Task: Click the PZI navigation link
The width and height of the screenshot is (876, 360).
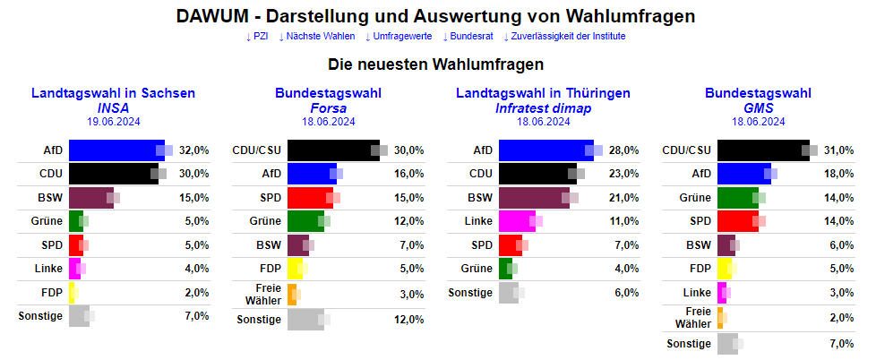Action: click(x=257, y=37)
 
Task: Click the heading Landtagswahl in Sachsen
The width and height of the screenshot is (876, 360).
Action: click(x=113, y=93)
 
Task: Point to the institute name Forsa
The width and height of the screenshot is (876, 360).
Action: click(x=328, y=107)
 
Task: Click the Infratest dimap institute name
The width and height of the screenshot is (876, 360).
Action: click(x=543, y=107)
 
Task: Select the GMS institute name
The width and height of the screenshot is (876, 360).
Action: click(x=758, y=107)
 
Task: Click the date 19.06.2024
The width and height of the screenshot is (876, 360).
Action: click(x=113, y=122)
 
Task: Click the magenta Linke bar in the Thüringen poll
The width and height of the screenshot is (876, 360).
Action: click(x=517, y=220)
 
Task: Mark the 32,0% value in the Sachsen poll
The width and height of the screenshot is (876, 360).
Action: click(x=194, y=150)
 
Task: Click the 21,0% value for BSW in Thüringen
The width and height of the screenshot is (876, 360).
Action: click(x=624, y=197)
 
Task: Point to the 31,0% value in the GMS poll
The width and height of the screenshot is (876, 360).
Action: click(x=839, y=150)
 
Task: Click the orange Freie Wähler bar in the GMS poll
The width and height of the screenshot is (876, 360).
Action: click(x=720, y=317)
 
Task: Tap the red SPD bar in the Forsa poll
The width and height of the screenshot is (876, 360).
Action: click(x=310, y=197)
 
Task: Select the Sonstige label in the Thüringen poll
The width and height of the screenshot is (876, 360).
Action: click(x=470, y=292)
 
